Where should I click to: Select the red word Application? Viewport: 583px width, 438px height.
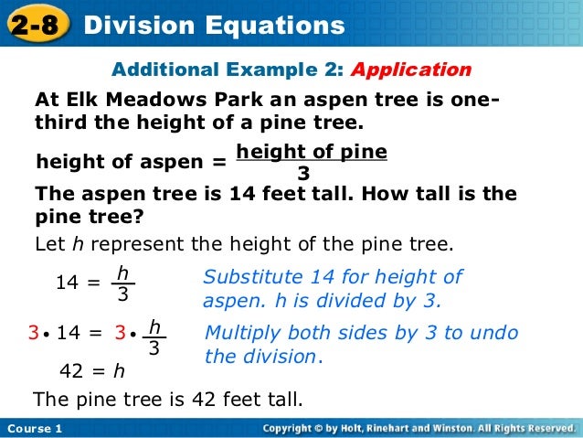pyautogui.click(x=411, y=69)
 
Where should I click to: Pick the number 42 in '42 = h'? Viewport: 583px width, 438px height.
pyautogui.click(x=71, y=371)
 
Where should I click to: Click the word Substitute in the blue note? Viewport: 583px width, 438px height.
pyautogui.click(x=249, y=277)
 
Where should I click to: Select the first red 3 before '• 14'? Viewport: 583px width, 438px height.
pyautogui.click(x=34, y=335)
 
